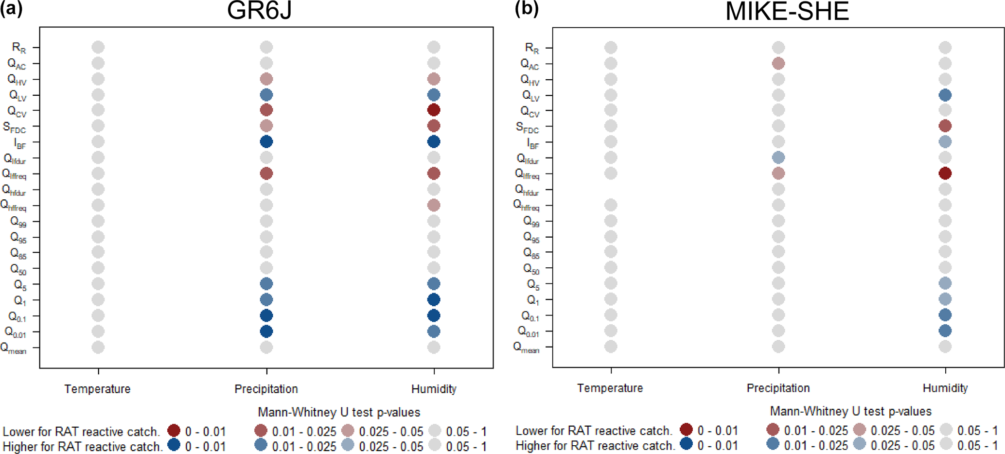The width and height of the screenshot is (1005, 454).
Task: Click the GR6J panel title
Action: point(259,11)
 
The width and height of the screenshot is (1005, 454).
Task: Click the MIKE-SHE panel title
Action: point(787,12)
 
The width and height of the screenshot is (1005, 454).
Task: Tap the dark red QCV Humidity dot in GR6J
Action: point(434,110)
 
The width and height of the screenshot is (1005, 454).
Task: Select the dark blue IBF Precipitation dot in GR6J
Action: point(266,142)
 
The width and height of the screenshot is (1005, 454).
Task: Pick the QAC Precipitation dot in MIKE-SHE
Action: point(778,64)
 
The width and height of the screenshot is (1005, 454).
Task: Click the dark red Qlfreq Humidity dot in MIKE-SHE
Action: point(945,174)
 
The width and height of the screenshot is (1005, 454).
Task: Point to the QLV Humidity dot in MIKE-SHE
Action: point(945,95)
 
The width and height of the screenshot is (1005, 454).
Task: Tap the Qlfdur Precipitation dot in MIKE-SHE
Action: point(778,157)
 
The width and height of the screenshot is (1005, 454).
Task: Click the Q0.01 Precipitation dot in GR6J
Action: point(266,332)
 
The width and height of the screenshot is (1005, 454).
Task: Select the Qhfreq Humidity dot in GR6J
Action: point(434,205)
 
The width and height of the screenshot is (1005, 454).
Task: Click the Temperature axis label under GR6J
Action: point(97,389)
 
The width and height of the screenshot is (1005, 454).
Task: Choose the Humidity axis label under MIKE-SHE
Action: point(945,388)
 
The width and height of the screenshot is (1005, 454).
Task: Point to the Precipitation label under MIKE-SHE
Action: point(778,388)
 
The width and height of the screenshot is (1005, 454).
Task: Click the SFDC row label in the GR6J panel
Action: point(15,128)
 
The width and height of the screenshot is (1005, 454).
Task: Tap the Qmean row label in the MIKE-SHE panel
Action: point(527,348)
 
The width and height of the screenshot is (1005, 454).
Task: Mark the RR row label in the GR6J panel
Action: point(19,48)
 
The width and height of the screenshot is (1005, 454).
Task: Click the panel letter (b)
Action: point(527,10)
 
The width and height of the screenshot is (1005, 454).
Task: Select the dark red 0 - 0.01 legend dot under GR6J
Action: point(174,430)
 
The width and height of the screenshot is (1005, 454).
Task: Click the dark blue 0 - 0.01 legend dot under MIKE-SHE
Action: point(686,444)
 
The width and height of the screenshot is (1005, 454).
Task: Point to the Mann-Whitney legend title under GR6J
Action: point(339,412)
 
